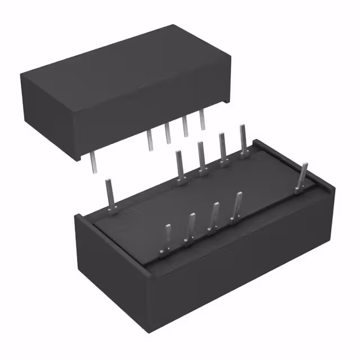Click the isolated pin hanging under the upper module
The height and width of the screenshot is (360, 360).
[92, 161]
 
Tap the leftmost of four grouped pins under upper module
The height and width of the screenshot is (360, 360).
[150, 141]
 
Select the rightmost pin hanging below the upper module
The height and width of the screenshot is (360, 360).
[202, 121]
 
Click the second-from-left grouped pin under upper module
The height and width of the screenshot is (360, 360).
[168, 134]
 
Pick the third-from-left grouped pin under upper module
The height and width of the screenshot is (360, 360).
[185, 128]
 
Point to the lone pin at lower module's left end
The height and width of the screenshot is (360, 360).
[111, 195]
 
